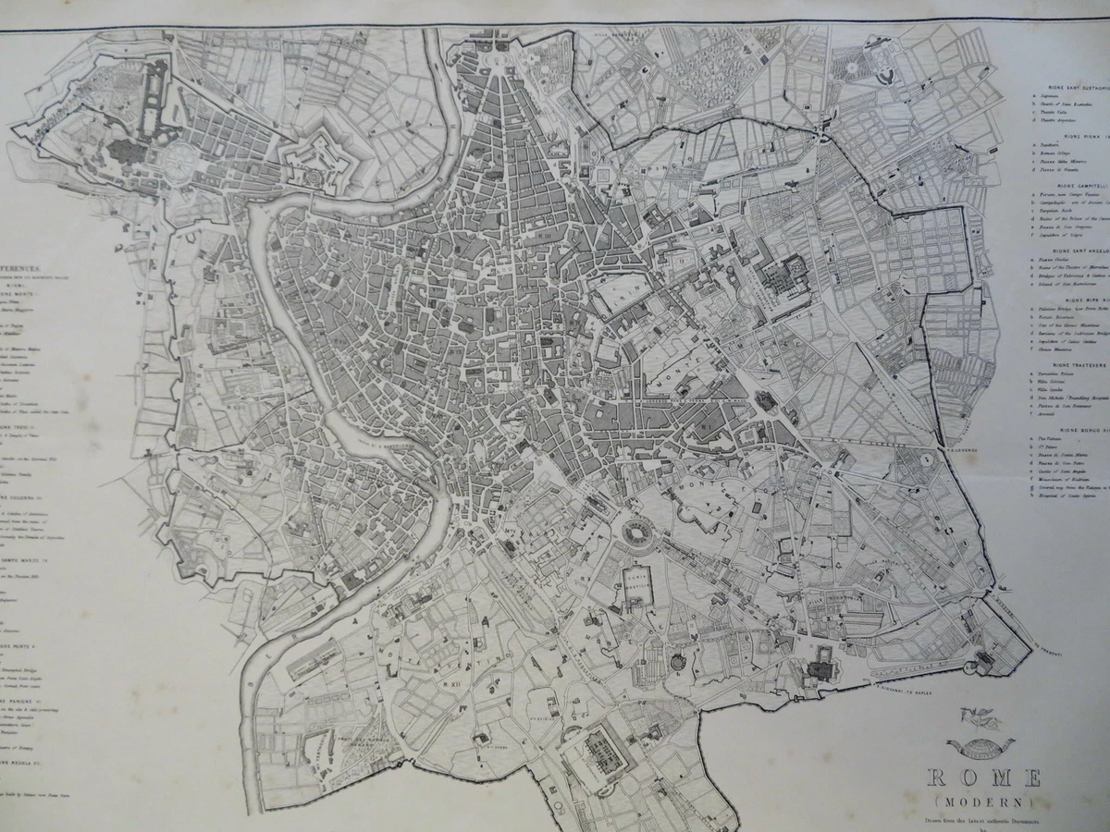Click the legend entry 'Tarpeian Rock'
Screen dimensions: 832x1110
(x=1058, y=210)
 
